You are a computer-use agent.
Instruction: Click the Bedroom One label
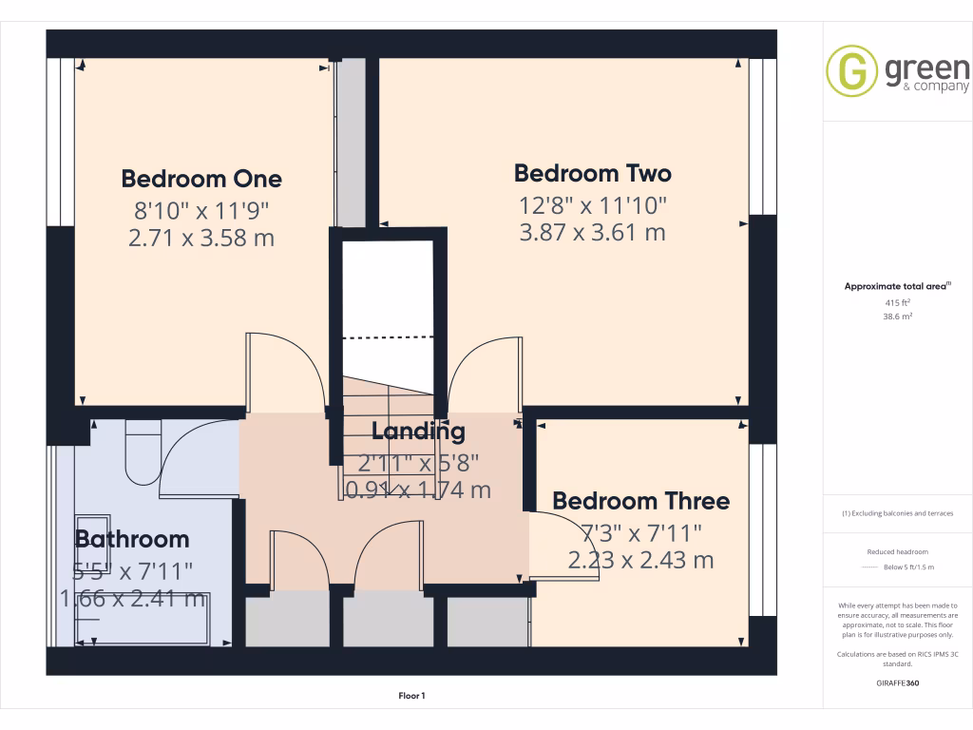(x=201, y=179)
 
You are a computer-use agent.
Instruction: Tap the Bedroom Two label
(x=592, y=173)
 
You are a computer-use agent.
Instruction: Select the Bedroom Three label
(x=640, y=501)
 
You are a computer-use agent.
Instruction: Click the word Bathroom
(x=132, y=539)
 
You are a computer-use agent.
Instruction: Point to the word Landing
(x=418, y=431)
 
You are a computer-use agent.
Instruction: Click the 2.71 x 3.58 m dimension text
(x=201, y=238)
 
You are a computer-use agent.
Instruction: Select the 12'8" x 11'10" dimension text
(x=592, y=203)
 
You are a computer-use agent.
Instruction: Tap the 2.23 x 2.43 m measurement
(x=640, y=561)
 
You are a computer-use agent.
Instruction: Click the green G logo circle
(x=851, y=71)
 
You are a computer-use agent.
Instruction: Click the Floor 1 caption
(x=411, y=697)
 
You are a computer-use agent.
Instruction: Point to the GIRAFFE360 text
(x=897, y=682)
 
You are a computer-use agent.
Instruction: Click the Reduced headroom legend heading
(x=897, y=552)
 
